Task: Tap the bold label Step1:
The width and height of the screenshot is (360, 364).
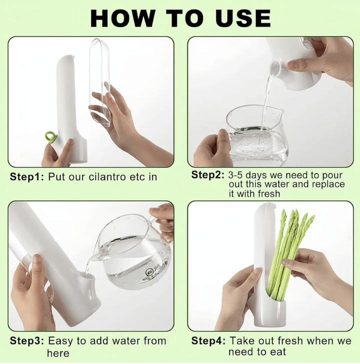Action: (26, 177)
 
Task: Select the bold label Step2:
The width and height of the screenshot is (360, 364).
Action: (207, 175)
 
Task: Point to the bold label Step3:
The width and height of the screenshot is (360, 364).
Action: (26, 341)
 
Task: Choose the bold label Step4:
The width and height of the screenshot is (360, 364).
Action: (208, 341)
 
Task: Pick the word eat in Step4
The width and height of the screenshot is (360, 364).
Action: (278, 352)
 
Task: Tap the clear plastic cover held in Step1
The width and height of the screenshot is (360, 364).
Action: (99, 82)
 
